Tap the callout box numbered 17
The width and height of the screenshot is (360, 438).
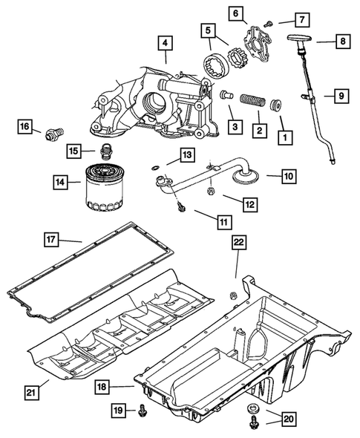(50, 240)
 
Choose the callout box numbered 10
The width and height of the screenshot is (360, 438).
(288, 177)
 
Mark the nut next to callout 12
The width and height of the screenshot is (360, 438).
(210, 190)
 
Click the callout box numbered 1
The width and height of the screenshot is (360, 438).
(283, 137)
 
